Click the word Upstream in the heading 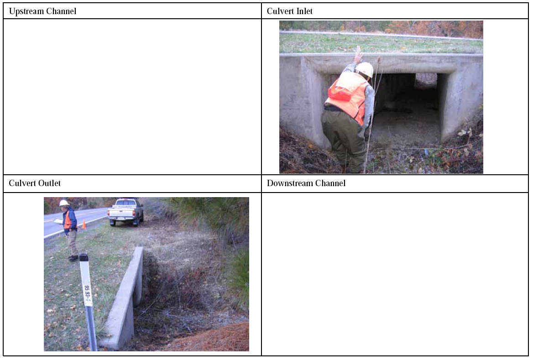26,11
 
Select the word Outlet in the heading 49,183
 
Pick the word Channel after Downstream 330,183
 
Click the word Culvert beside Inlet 279,11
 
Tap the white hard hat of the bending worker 365,69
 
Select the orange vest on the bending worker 348,96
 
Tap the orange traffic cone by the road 84,224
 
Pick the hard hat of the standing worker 64,203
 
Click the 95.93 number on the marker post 87,293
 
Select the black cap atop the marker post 84,258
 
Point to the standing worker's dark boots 73,258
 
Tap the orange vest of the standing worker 68,220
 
